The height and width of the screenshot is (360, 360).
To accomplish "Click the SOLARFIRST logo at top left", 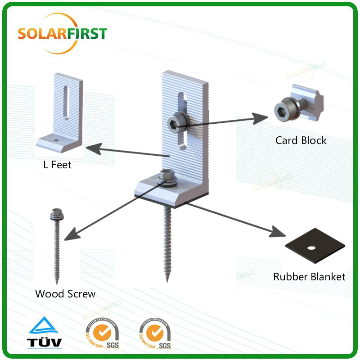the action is click(62, 34).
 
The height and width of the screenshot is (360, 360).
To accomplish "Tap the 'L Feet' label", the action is click(57, 165).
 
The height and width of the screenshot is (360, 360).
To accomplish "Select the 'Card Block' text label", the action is click(301, 140).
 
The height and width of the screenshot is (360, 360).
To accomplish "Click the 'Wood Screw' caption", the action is click(65, 294).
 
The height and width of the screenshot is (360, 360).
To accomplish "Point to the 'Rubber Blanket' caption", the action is click(309, 276).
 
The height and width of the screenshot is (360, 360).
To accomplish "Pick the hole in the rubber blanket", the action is click(310, 247).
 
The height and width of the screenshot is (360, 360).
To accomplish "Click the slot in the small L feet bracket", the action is click(66, 102).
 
